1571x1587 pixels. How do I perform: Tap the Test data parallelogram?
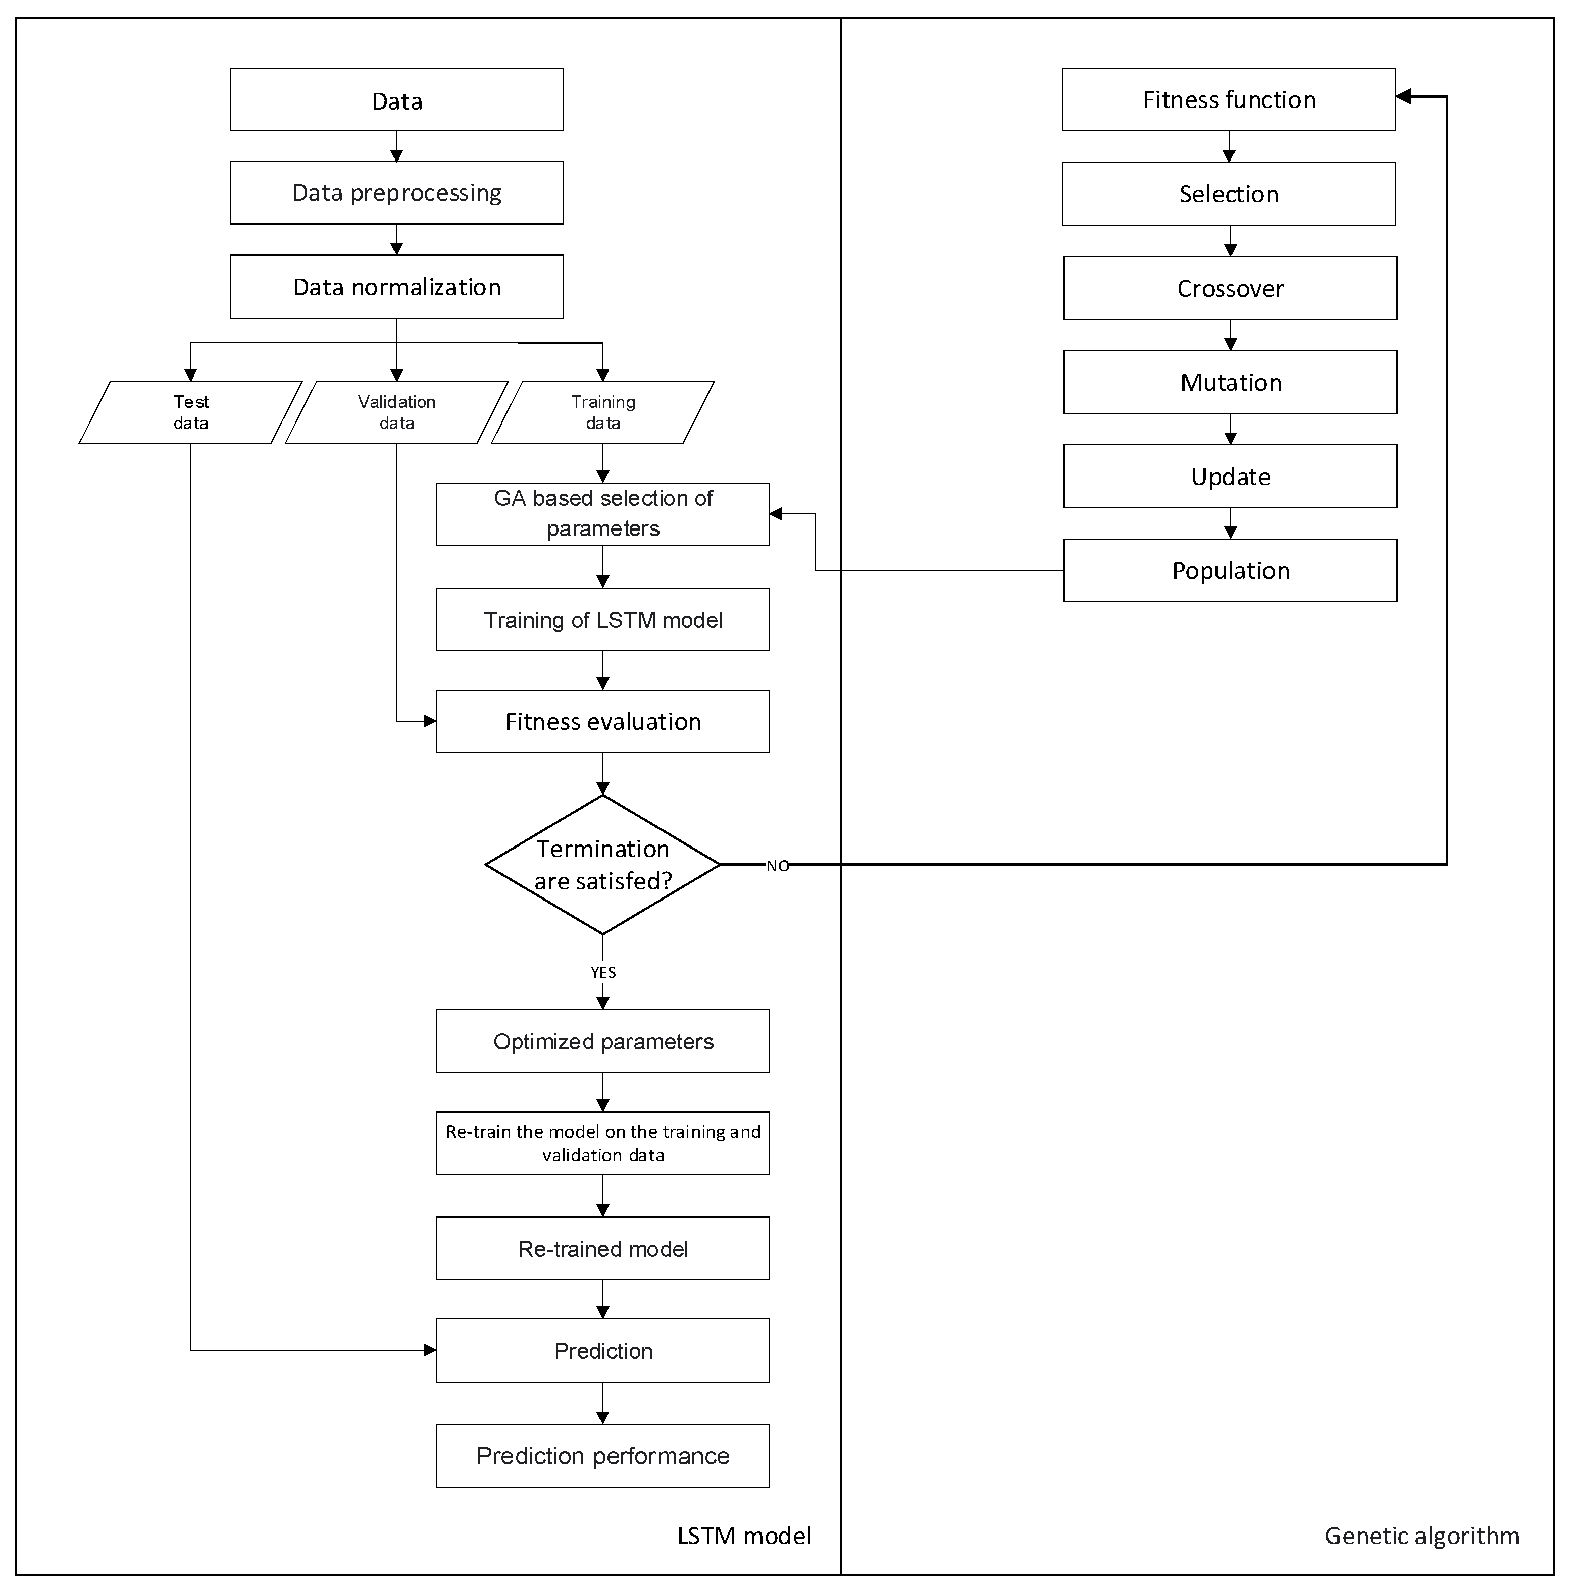click(x=190, y=412)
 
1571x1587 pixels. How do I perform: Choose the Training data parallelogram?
click(x=602, y=412)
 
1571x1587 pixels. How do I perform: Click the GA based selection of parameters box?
click(x=602, y=513)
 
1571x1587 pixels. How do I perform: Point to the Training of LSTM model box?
click(x=602, y=619)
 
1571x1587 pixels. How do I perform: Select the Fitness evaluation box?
click(x=602, y=721)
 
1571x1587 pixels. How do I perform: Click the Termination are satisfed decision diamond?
click(x=602, y=864)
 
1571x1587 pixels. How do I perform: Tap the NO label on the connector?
click(x=777, y=866)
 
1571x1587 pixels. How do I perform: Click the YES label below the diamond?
click(x=602, y=972)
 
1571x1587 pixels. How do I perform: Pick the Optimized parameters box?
click(x=602, y=1041)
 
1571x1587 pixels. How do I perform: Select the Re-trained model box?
click(x=602, y=1249)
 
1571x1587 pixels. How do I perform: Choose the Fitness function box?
click(x=1229, y=99)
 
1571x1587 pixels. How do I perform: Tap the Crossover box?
click(x=1230, y=288)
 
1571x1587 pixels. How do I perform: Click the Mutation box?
click(x=1230, y=382)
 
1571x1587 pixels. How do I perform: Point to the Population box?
click(x=1230, y=570)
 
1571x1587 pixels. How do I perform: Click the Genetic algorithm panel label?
click(x=1422, y=1535)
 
